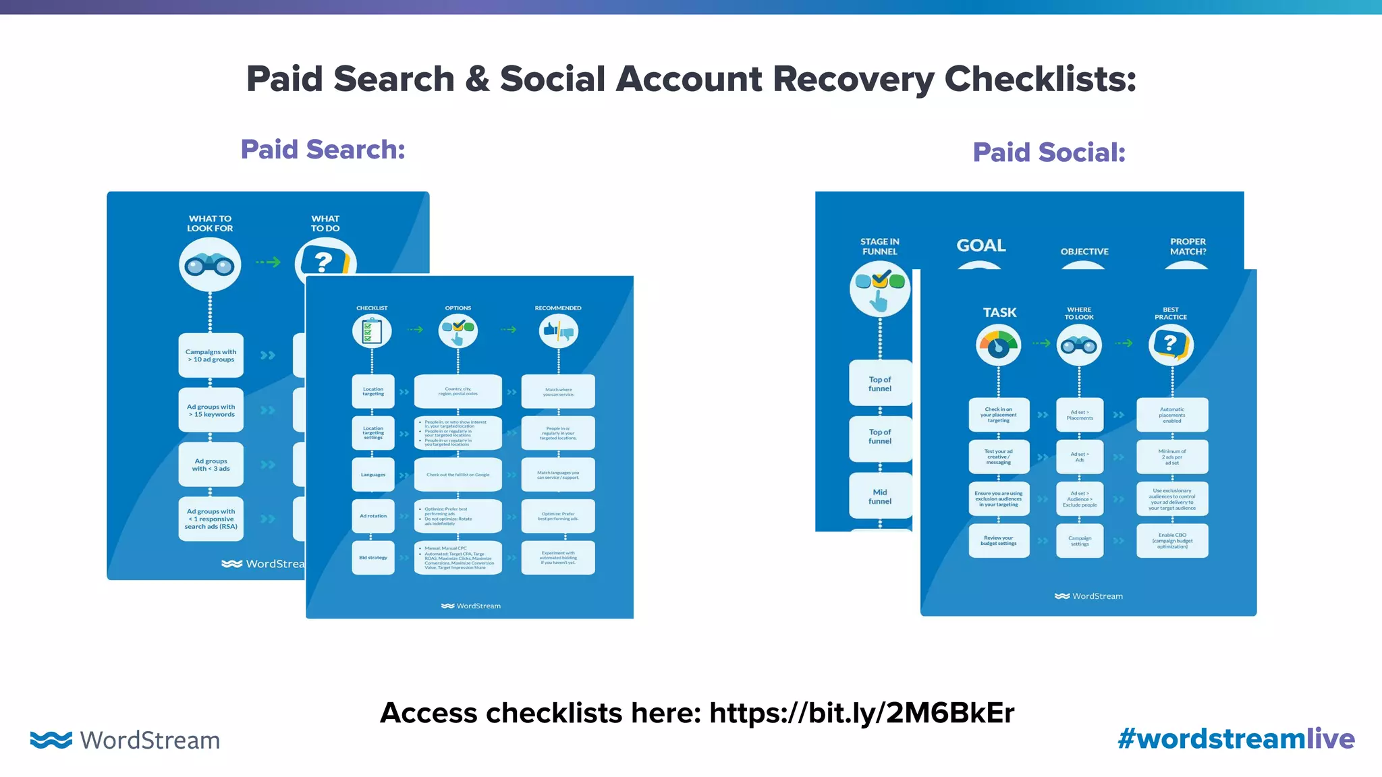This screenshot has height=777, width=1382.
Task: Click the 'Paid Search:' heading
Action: click(x=323, y=150)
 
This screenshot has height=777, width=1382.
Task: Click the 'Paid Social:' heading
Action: click(x=1049, y=152)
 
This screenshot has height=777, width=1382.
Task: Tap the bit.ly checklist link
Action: click(x=861, y=713)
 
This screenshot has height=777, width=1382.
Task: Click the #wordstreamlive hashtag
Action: click(x=1236, y=739)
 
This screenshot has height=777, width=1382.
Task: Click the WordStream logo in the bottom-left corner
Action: click(x=126, y=740)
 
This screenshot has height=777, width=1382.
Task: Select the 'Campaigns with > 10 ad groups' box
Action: click(x=211, y=355)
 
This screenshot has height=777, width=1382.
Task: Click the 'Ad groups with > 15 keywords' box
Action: click(x=211, y=410)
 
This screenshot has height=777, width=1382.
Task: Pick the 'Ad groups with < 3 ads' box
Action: click(x=211, y=465)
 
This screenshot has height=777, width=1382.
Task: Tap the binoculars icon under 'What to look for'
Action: click(x=210, y=265)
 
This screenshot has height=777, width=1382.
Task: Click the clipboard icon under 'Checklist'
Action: click(x=372, y=331)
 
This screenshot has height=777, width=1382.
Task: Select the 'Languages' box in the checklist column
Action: click(x=373, y=475)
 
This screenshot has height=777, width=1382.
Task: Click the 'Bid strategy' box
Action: click(x=373, y=558)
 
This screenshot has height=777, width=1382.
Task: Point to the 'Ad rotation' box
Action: click(x=373, y=516)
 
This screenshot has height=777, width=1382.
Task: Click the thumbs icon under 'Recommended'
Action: click(x=558, y=331)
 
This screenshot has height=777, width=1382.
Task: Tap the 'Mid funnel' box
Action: click(x=880, y=496)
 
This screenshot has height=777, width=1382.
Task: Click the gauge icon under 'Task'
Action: click(x=999, y=345)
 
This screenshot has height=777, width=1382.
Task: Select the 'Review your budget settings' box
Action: click(x=999, y=541)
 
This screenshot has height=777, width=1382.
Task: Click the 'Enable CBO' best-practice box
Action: click(x=1172, y=541)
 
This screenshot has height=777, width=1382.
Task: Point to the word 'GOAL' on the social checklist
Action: click(x=981, y=246)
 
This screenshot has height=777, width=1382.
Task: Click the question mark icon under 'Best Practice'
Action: click(x=1171, y=345)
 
